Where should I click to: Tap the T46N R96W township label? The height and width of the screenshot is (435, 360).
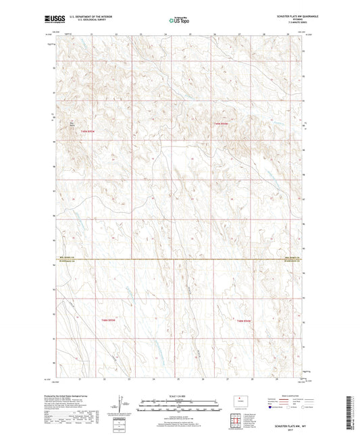(x=222, y=124)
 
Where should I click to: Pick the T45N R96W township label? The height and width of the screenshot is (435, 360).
(x=243, y=319)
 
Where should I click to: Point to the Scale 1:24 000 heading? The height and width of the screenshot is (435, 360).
(x=179, y=396)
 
